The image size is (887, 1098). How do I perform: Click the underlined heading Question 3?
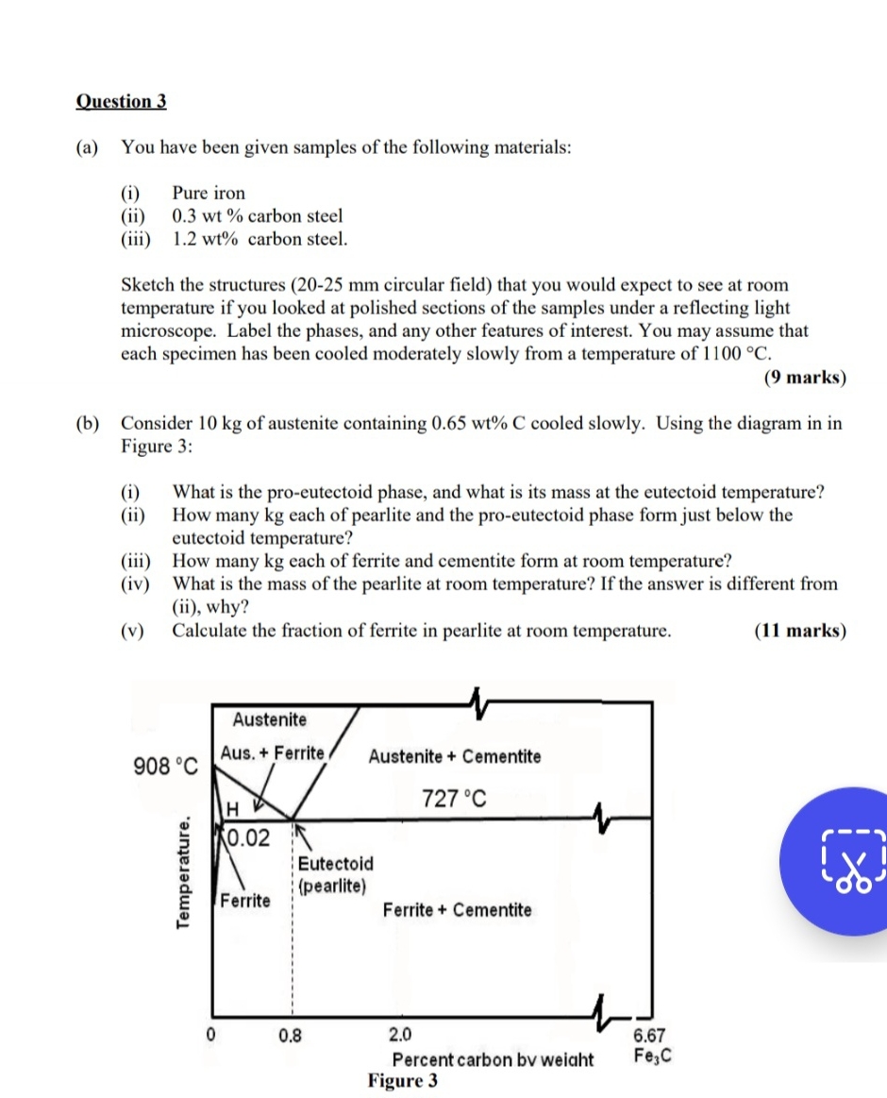121,101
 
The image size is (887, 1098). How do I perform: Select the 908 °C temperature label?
166,766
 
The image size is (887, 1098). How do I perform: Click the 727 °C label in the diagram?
454,800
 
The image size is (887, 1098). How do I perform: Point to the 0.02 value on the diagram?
248,837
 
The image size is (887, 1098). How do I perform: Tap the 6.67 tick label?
649,1036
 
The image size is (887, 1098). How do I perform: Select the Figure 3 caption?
403,1081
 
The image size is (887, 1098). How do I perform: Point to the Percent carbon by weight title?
493,1059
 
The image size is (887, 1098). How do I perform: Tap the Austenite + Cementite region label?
455,756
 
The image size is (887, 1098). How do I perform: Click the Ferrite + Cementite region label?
457,910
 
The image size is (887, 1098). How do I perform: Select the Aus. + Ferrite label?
272,753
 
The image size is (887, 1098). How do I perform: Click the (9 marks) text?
804,378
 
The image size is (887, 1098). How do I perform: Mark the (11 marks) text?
800,631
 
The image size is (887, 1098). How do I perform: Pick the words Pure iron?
209,194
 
